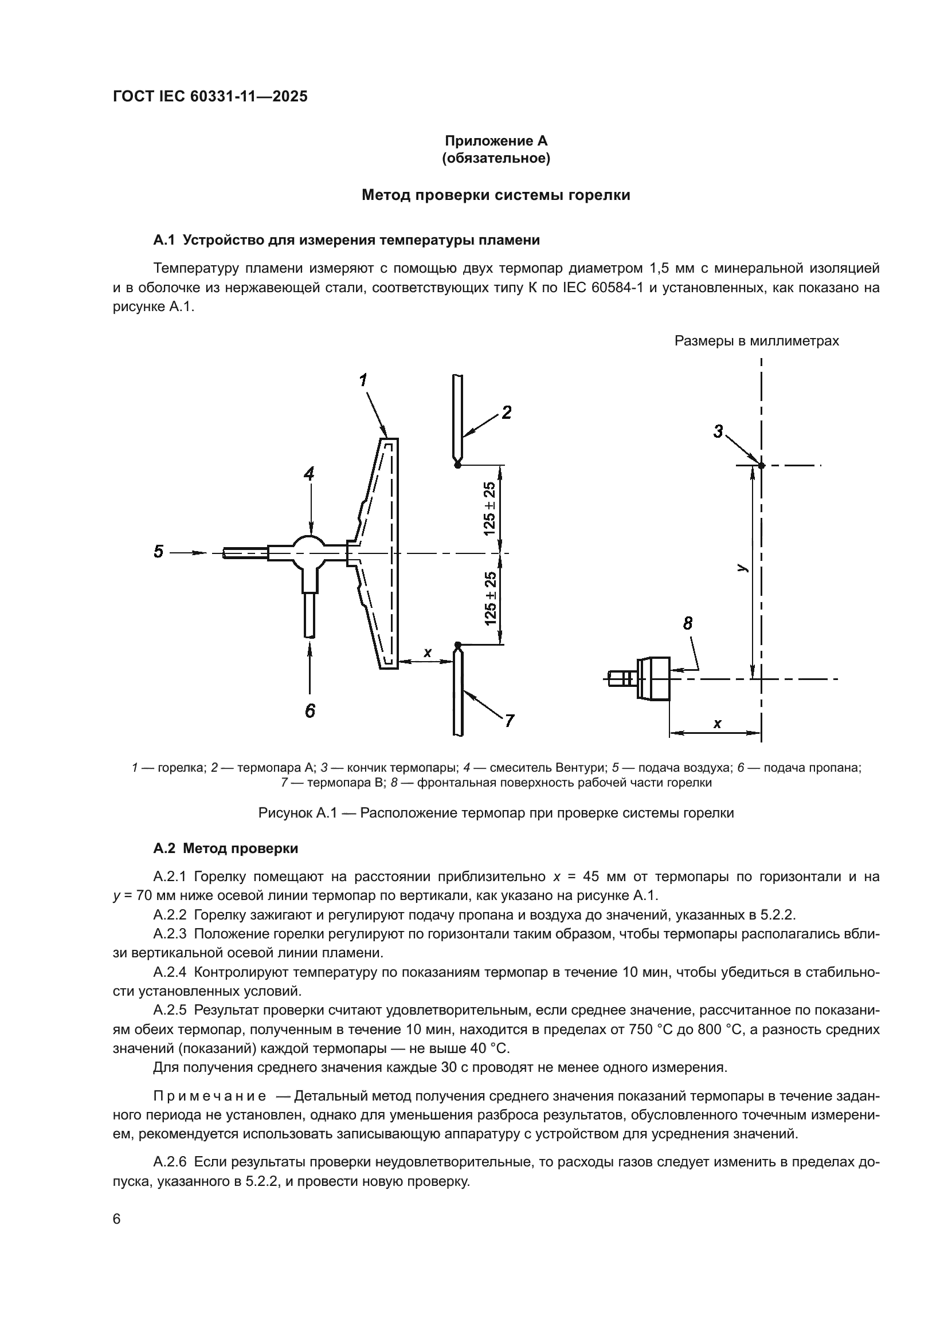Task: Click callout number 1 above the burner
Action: [x=363, y=380]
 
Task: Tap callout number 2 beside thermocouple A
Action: [x=507, y=413]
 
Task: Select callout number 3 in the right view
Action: [x=718, y=432]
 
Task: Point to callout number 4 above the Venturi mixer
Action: [x=309, y=474]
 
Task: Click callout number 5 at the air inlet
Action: [x=159, y=552]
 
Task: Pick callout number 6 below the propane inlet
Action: [x=310, y=711]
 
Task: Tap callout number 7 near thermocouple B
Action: [x=509, y=721]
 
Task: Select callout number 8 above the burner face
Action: [x=688, y=624]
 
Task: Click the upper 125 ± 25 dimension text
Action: [x=489, y=509]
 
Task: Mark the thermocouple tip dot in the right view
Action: [x=761, y=465]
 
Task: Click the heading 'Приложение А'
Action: [x=496, y=141]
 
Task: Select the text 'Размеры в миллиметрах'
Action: [x=757, y=341]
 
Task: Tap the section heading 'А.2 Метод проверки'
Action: [x=225, y=848]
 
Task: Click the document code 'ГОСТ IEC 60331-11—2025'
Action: [x=210, y=97]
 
